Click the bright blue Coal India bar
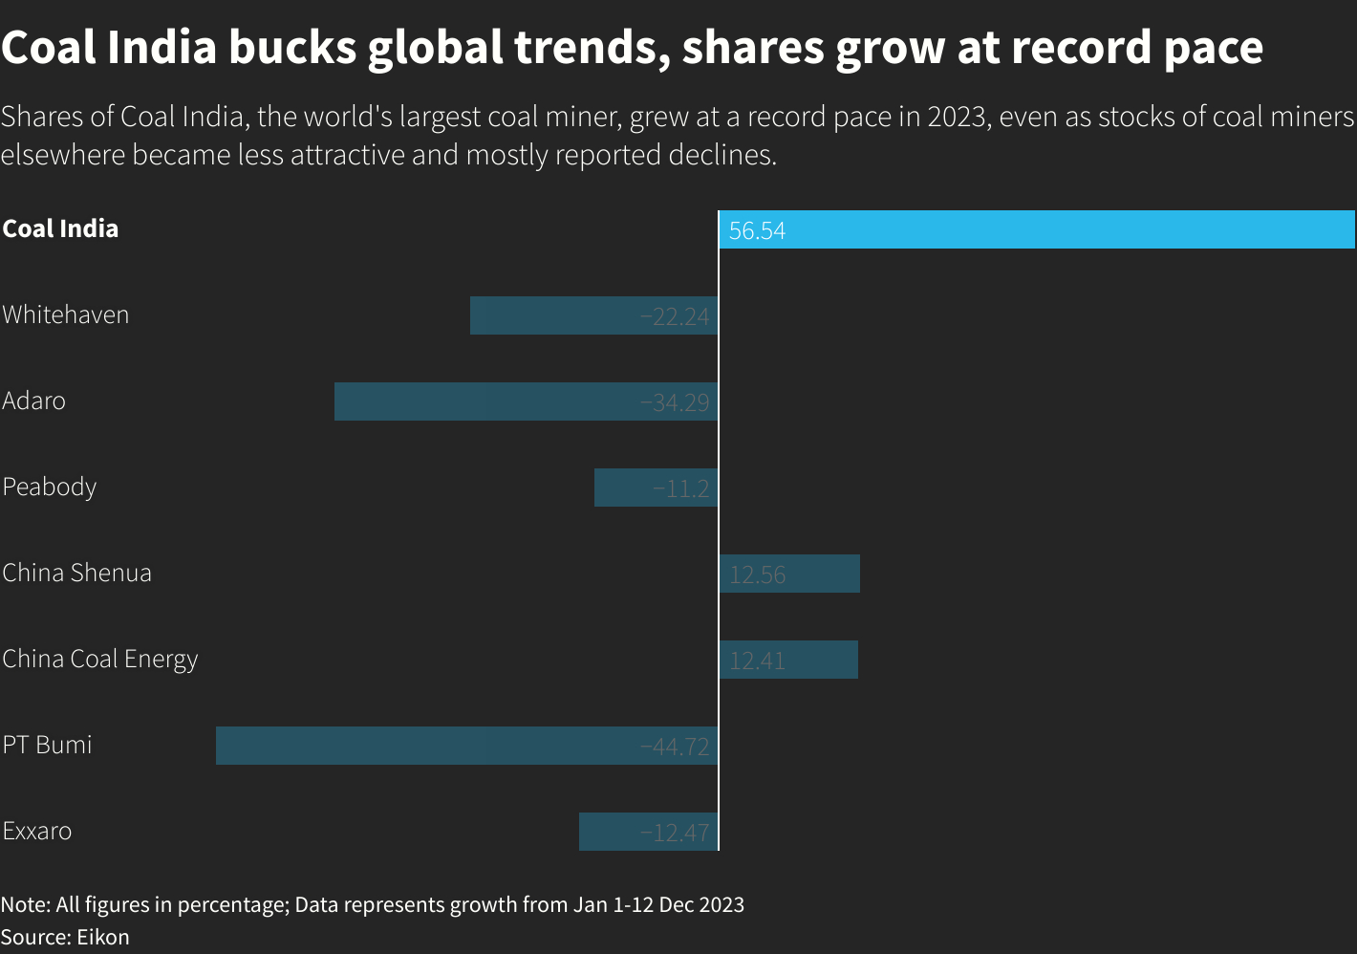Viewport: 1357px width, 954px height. pos(1037,229)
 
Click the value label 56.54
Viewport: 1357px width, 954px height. pos(757,231)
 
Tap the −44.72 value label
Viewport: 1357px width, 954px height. pos(675,747)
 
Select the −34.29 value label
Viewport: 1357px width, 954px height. pos(675,402)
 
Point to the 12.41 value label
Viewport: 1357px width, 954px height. pos(757,661)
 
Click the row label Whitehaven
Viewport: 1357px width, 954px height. pos(65,314)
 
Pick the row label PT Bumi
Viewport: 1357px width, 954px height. pos(47,745)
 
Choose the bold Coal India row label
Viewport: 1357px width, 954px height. pos(60,228)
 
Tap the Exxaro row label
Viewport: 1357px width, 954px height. pos(36,831)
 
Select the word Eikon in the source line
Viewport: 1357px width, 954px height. pos(103,937)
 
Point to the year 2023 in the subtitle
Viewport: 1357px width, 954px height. pos(957,117)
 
